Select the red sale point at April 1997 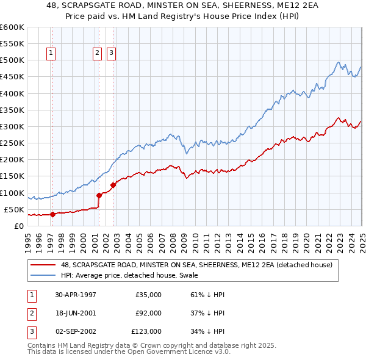click(x=52, y=214)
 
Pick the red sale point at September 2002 click(x=113, y=185)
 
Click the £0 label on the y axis click(x=19, y=226)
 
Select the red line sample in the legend click(x=43, y=265)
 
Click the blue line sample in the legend click(x=43, y=275)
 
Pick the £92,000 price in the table click(x=148, y=313)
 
